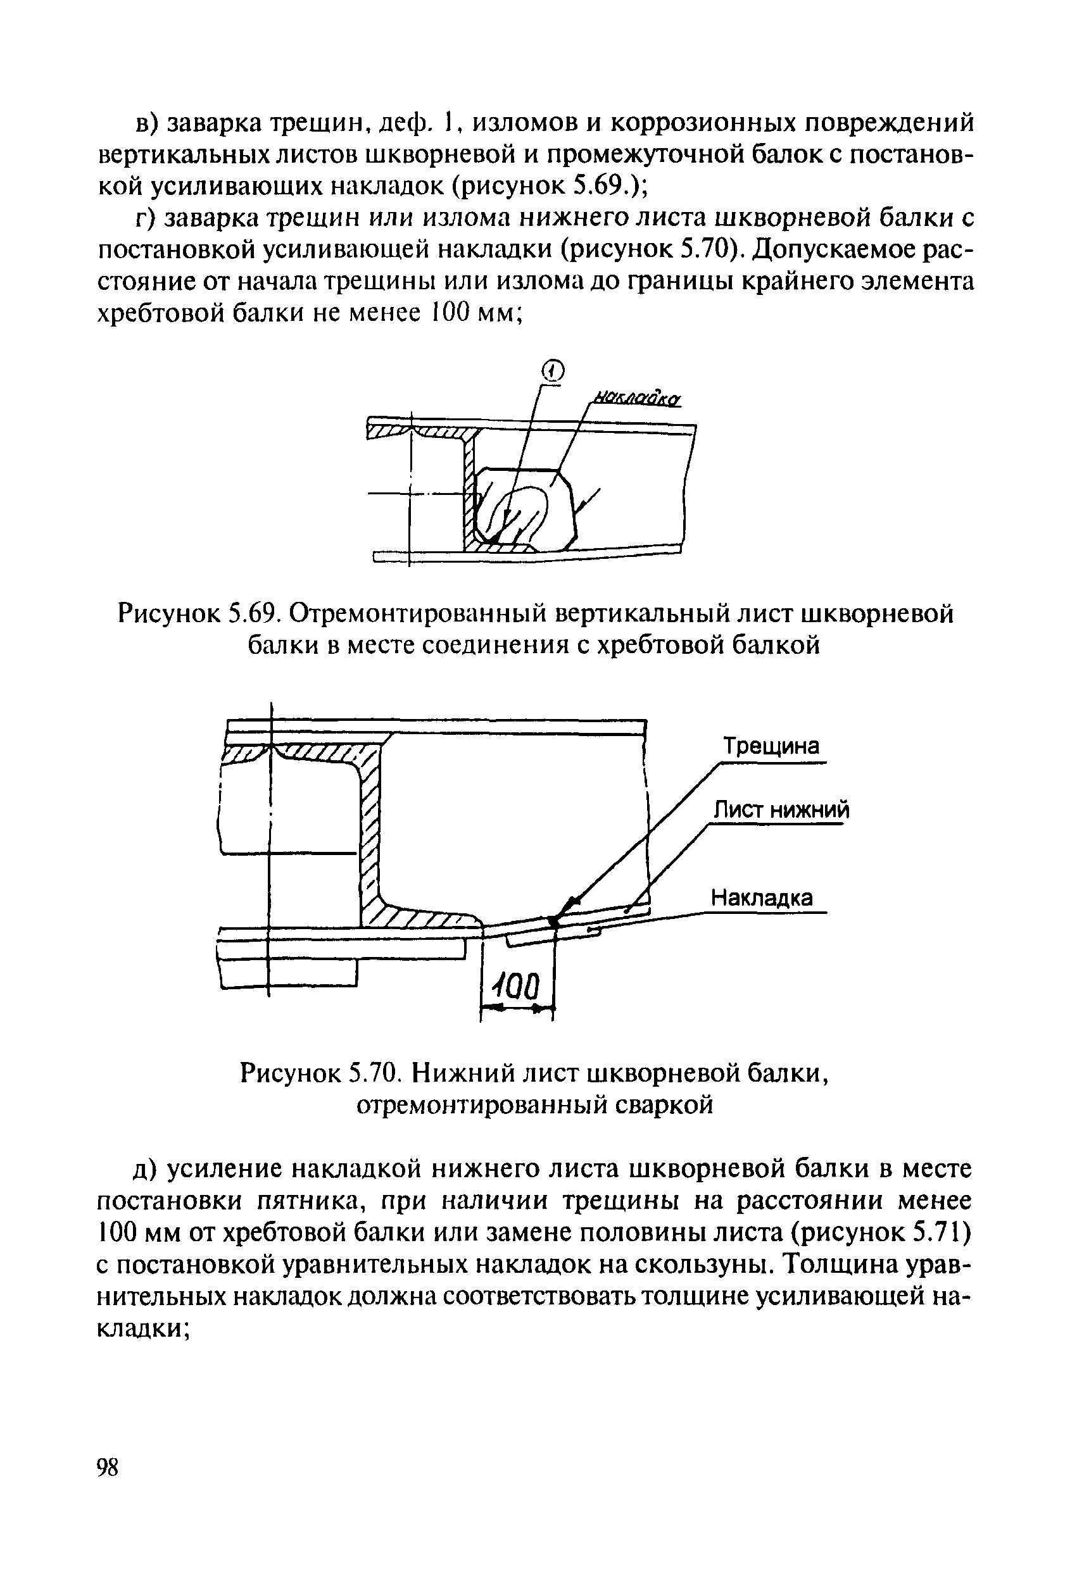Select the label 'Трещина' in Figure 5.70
click(771, 746)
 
